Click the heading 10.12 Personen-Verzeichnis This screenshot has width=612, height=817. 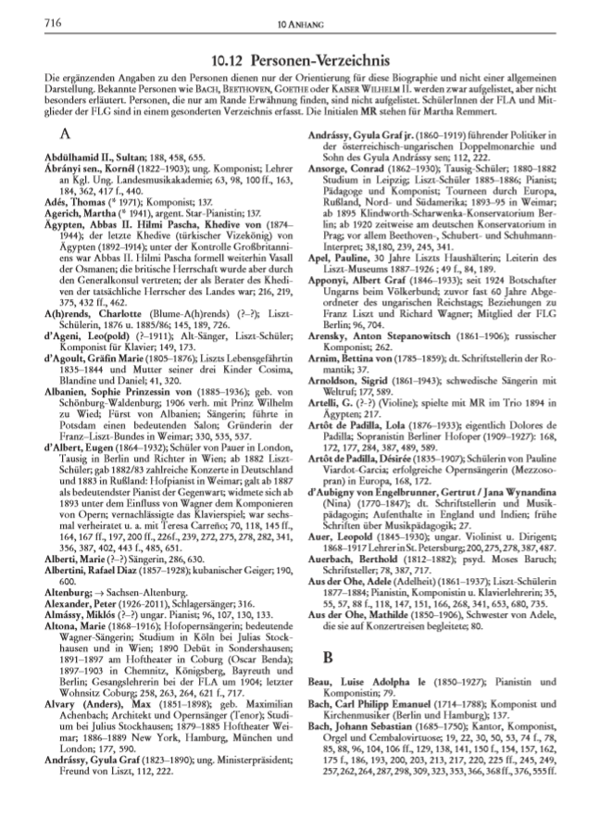coord(306,57)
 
